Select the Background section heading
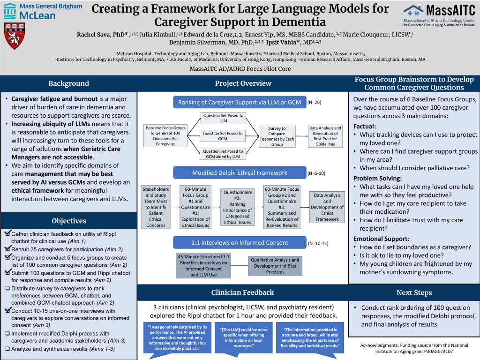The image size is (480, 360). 68,83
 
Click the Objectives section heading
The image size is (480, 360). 68,221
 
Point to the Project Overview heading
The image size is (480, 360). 243,83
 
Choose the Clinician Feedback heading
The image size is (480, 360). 242,292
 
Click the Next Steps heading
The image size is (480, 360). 414,292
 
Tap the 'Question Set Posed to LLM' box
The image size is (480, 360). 223,118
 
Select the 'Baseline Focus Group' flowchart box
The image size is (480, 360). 165,136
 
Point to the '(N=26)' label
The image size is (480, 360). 315,102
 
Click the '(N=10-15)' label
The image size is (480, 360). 318,243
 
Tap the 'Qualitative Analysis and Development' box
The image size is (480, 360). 275,266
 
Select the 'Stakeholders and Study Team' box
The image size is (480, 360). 156,207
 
